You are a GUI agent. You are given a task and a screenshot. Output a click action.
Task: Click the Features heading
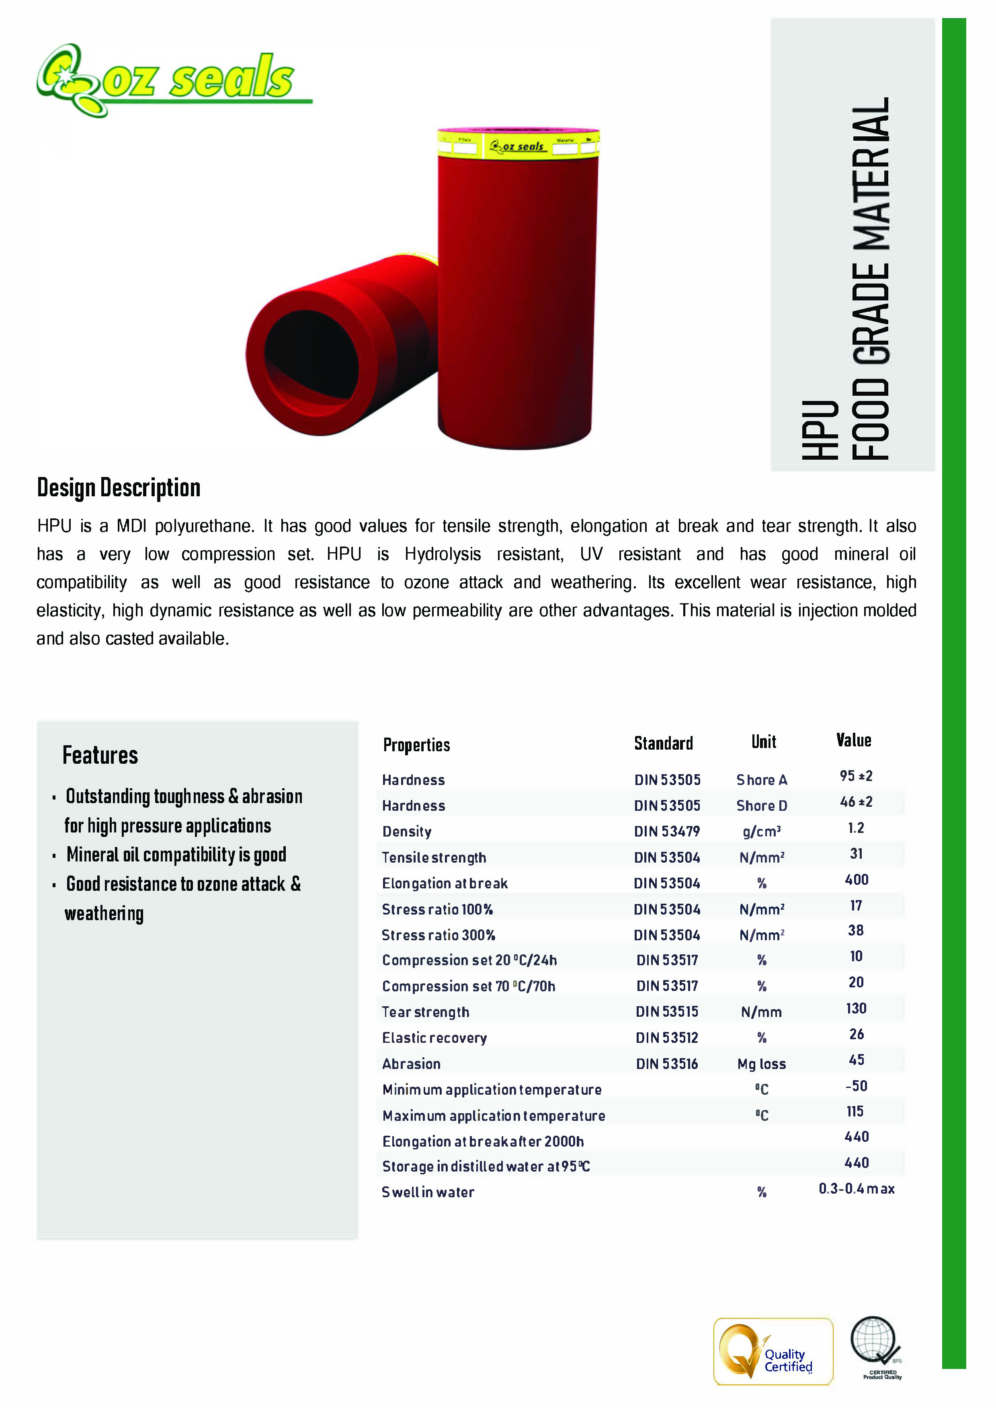coord(100,755)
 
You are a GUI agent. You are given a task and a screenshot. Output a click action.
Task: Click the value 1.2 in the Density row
coord(856,828)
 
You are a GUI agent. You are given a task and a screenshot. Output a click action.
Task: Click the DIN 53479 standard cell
coord(667,831)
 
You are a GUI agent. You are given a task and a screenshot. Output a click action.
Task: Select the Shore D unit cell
coord(761,806)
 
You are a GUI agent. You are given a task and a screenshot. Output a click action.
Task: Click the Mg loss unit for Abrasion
coord(761,1064)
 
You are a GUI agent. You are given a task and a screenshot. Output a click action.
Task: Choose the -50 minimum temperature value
coord(856,1086)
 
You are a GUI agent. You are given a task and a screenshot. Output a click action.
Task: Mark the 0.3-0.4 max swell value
coord(856,1189)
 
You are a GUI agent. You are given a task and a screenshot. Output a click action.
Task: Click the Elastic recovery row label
coord(434,1038)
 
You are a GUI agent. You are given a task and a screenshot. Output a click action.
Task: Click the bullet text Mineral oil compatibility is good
coord(176,855)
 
